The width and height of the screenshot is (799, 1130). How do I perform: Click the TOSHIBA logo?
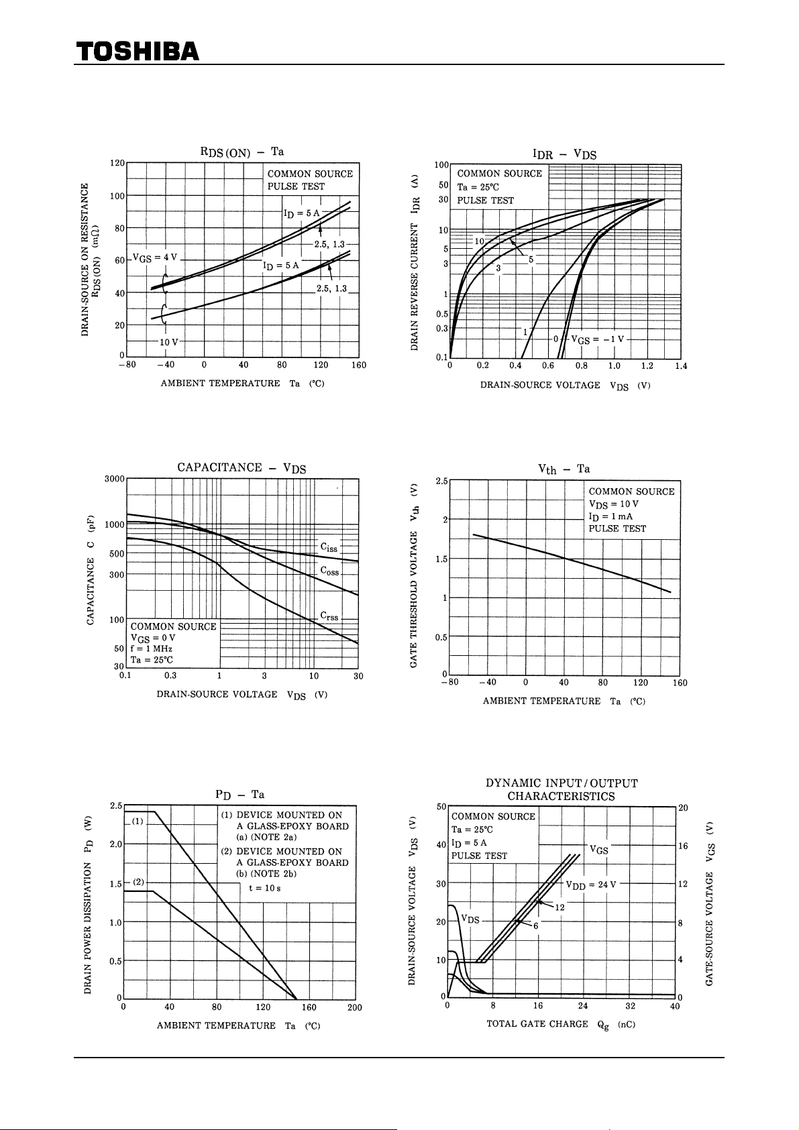[x=138, y=51]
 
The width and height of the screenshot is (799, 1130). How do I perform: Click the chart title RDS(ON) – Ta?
[x=242, y=152]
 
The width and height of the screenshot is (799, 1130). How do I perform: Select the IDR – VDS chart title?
[x=564, y=154]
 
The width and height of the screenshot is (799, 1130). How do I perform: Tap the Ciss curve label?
[x=329, y=547]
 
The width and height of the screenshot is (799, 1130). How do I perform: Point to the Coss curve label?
[x=329, y=571]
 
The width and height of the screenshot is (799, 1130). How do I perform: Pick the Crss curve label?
[x=329, y=616]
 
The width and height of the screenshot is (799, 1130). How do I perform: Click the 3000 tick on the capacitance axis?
[x=115, y=479]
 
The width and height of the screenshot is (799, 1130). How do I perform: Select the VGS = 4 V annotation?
[x=155, y=258]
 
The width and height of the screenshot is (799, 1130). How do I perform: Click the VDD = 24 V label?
[x=590, y=885]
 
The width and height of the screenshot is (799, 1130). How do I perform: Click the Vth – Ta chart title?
[x=564, y=469]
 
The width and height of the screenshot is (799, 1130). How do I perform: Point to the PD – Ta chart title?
[x=239, y=795]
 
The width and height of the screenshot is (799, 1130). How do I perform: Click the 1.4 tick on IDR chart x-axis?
[x=681, y=366]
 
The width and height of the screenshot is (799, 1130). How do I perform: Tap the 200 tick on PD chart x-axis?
[x=355, y=1007]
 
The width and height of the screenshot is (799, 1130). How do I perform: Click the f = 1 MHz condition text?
[x=152, y=648]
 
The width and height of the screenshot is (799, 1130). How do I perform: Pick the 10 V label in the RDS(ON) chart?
[x=168, y=342]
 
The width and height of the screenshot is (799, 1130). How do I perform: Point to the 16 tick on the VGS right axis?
[x=683, y=846]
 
